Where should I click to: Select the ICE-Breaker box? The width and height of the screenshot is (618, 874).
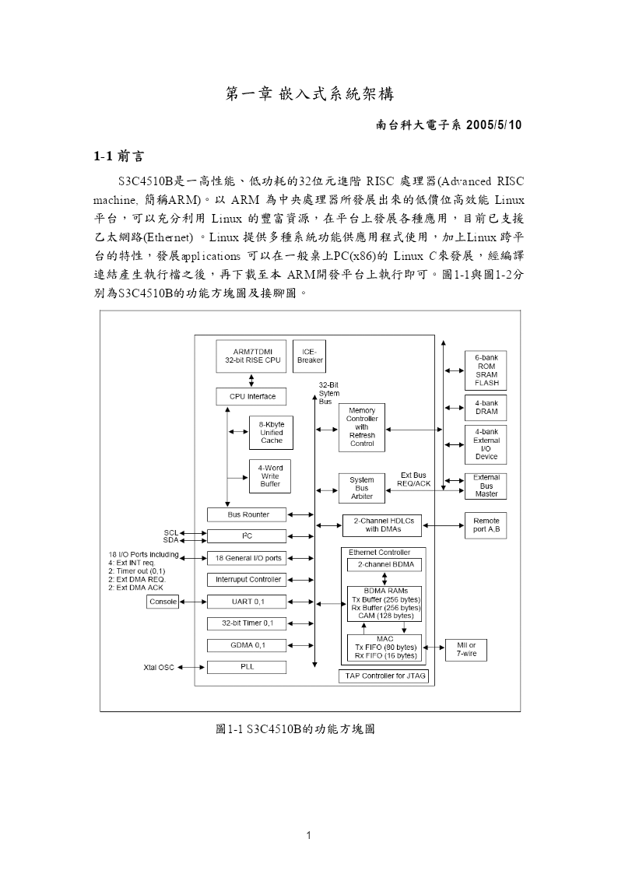(x=309, y=356)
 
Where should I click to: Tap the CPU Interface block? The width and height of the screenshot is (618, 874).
(x=251, y=397)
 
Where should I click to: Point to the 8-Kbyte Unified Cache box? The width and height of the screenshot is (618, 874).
(x=271, y=433)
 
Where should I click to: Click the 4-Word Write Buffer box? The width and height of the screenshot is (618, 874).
(x=270, y=476)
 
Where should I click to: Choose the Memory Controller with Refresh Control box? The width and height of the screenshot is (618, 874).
(x=362, y=427)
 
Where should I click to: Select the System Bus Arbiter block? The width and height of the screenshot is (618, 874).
(x=362, y=488)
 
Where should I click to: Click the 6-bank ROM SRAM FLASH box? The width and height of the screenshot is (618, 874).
(x=486, y=370)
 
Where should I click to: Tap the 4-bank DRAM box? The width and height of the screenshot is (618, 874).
(x=486, y=408)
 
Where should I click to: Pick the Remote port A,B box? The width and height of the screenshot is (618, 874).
(x=486, y=525)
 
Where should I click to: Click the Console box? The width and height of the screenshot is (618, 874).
(x=163, y=602)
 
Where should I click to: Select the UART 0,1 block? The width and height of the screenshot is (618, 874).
(x=247, y=602)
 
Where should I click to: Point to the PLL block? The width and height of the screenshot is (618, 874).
(x=247, y=667)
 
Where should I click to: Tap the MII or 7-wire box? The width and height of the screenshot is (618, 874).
(x=466, y=650)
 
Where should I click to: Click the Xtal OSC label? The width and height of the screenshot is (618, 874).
(x=159, y=668)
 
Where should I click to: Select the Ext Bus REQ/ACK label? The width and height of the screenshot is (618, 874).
(x=413, y=480)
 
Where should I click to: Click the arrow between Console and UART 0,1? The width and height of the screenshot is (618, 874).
(x=193, y=602)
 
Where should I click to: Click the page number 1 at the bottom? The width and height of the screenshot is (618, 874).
(x=309, y=835)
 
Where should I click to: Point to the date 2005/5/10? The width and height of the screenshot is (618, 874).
(x=493, y=125)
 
